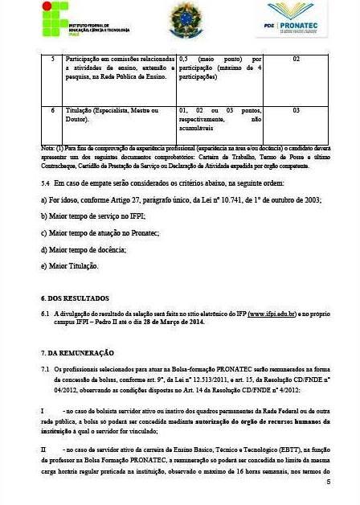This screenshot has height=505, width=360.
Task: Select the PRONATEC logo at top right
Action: tap(297, 19)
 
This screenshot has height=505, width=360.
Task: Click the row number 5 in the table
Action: tap(52, 60)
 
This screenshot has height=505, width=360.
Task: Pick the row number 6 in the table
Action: tap(52, 110)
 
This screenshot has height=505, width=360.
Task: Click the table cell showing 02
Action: tap(296, 60)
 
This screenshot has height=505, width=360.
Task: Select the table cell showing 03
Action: tap(296, 110)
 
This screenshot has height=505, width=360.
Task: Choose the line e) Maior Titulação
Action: tap(69, 265)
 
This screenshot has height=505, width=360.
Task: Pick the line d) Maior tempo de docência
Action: tap(84, 249)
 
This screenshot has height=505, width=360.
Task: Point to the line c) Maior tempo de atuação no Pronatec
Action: tap(100, 232)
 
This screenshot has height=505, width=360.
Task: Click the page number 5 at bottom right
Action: tap(328, 482)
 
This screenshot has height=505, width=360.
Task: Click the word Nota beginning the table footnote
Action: tap(47, 148)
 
